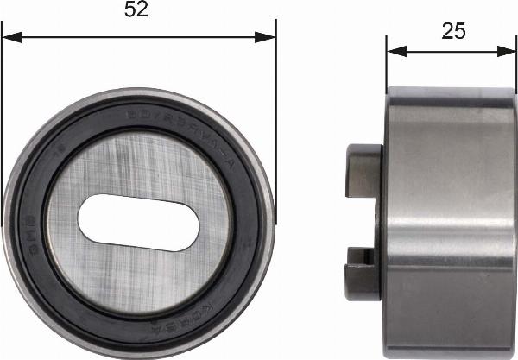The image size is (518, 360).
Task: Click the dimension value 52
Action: pos(137,10)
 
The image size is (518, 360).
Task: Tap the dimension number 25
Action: pos(453,31)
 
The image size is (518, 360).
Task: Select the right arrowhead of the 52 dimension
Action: pos(268,37)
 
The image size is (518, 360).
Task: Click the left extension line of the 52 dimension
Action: pos(2,104)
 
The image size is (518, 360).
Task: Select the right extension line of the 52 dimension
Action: pos(275,104)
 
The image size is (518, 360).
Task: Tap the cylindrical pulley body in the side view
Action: pos(449,216)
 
